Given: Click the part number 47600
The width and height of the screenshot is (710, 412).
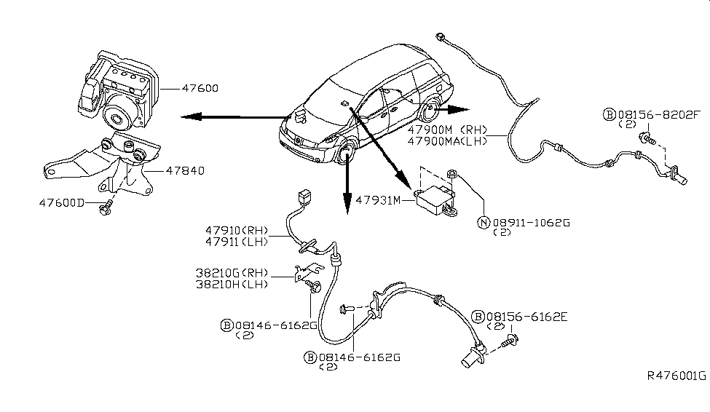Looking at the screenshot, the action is tap(200, 88).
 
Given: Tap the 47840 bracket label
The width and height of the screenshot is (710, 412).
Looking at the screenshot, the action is tap(185, 170).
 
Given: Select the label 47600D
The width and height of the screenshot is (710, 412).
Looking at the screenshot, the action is tap(62, 203).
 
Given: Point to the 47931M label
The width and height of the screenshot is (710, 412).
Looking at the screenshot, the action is tap(378, 200).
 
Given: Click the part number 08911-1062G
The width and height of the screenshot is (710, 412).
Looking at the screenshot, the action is tap(531, 223).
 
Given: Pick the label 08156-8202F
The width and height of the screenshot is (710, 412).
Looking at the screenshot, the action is tap(659, 115).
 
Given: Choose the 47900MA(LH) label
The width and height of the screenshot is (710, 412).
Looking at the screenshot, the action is tap(447, 141).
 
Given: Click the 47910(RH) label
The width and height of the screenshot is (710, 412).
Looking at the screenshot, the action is tap(237, 231).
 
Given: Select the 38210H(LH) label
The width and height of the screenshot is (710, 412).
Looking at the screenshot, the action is tap(232, 285).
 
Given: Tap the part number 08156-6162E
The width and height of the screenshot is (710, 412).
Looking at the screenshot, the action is tap(526, 317).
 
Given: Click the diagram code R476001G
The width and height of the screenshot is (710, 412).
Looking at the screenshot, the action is tap(676, 376).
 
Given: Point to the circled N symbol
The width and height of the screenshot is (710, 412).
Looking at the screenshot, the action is tap(484, 223).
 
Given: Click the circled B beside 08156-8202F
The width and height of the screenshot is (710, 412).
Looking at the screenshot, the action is tap(610, 115).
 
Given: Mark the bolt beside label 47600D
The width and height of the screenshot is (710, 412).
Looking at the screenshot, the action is tap(105, 209).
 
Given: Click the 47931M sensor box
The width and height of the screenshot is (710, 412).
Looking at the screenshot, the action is tap(435, 200).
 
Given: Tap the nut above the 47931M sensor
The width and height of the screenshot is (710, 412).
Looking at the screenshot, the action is tap(452, 173).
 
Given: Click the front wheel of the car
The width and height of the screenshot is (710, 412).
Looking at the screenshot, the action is tap(347, 153).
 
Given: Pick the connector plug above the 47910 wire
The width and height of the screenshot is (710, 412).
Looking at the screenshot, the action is tap(304, 197).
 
